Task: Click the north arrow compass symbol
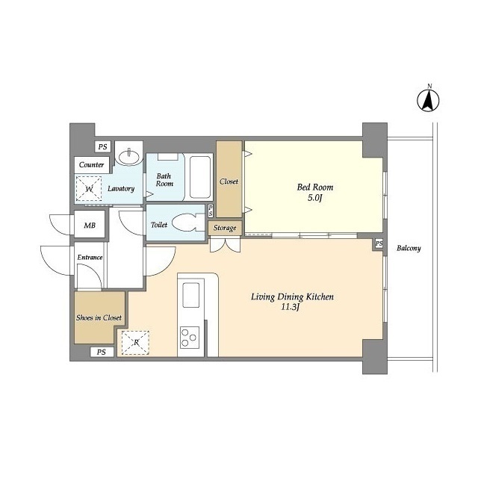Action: [x=428, y=99]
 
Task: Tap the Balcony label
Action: [x=409, y=248]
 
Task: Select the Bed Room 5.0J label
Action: [x=315, y=192]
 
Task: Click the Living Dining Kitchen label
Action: [x=292, y=301]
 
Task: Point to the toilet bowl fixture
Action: [x=185, y=223]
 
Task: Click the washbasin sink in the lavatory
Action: [x=130, y=157]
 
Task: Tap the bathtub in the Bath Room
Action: [x=199, y=177]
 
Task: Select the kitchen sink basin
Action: [x=191, y=294]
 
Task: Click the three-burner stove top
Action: [x=189, y=337]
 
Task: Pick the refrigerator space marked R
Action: [x=135, y=343]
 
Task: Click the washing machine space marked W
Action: [x=88, y=189]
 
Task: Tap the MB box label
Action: [x=90, y=225]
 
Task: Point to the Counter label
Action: [x=91, y=164]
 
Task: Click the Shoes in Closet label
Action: [x=99, y=317]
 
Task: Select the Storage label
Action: [x=225, y=228]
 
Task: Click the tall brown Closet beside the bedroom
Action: [x=229, y=179]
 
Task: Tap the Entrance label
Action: [x=90, y=257]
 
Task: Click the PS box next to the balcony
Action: [x=379, y=243]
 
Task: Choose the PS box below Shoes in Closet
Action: [x=102, y=352]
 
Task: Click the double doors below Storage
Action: [x=226, y=244]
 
